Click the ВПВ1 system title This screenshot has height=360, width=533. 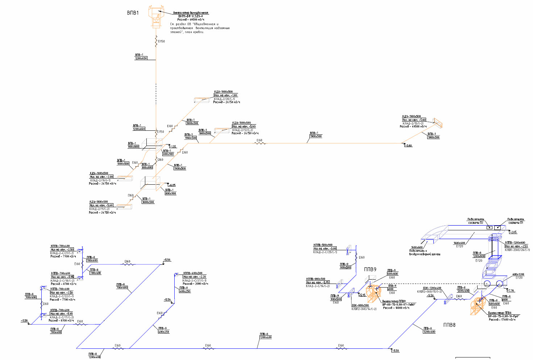coord(133,13)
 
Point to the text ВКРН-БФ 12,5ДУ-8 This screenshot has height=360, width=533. coord(190,16)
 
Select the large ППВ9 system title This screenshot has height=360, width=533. coord(370,269)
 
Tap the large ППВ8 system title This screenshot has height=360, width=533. coord(449,325)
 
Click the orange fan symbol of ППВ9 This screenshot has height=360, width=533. coord(373,293)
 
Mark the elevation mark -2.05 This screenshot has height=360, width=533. coord(513,232)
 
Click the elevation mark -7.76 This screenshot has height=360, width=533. coord(511,290)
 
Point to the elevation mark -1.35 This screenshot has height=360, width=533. coord(173,147)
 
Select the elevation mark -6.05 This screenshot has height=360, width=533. coord(172,185)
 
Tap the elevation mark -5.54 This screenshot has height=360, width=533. coord(167,300)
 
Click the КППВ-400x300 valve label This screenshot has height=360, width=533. coord(193,273)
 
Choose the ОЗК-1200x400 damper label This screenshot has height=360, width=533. coord(432,288)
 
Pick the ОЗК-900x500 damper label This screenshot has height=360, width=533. coord(360,305)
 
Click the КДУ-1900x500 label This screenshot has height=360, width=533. coord(411,116)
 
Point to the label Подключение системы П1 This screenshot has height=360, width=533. coord(516,221)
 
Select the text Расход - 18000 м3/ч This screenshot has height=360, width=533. coord(396,308)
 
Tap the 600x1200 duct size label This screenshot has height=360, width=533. coord(518,275)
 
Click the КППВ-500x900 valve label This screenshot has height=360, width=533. coord(323,245)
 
